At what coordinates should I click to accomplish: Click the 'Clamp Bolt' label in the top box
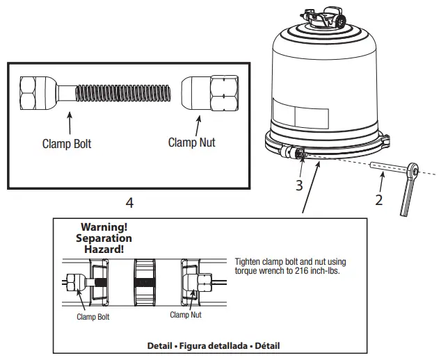(x=67, y=145)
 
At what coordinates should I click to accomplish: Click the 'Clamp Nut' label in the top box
(x=191, y=142)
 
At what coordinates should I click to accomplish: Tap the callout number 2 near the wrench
(x=379, y=201)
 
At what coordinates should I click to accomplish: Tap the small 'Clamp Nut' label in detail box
(x=186, y=314)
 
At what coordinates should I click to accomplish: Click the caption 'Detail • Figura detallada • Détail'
(x=215, y=345)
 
